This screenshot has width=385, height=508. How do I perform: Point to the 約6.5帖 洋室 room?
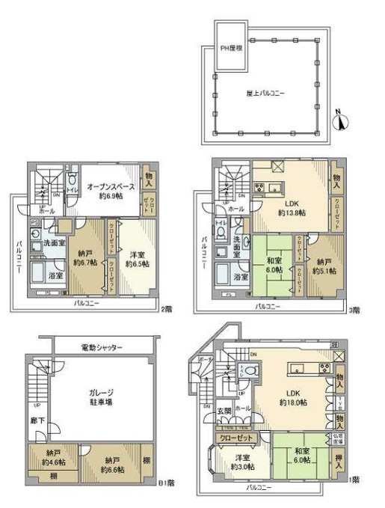pos(136,259)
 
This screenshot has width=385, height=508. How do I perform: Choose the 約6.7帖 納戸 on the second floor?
pos(87,259)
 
